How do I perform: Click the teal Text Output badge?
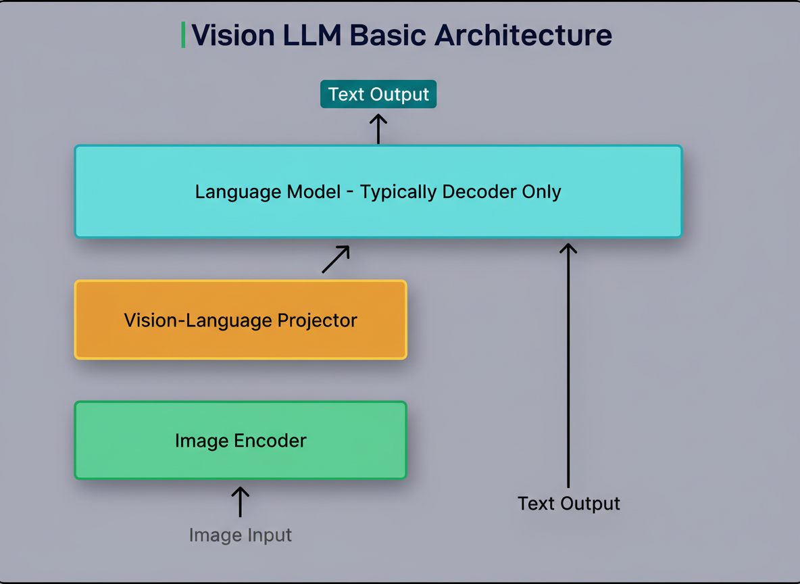pos(378,94)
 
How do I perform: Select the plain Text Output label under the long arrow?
pos(568,504)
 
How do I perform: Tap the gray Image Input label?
pos(241,535)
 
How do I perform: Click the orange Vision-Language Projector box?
pos(241,320)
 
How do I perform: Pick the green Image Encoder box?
pos(241,441)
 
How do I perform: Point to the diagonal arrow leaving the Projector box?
pos(336,259)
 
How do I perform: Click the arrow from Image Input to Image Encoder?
pos(241,502)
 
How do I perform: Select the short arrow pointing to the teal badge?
pos(378,128)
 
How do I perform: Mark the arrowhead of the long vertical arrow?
pos(568,248)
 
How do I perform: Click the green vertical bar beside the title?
pos(183,35)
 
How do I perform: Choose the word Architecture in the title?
pos(523,35)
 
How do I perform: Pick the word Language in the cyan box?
pos(228,192)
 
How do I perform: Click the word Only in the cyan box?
pos(542,192)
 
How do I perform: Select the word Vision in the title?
pos(229,35)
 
